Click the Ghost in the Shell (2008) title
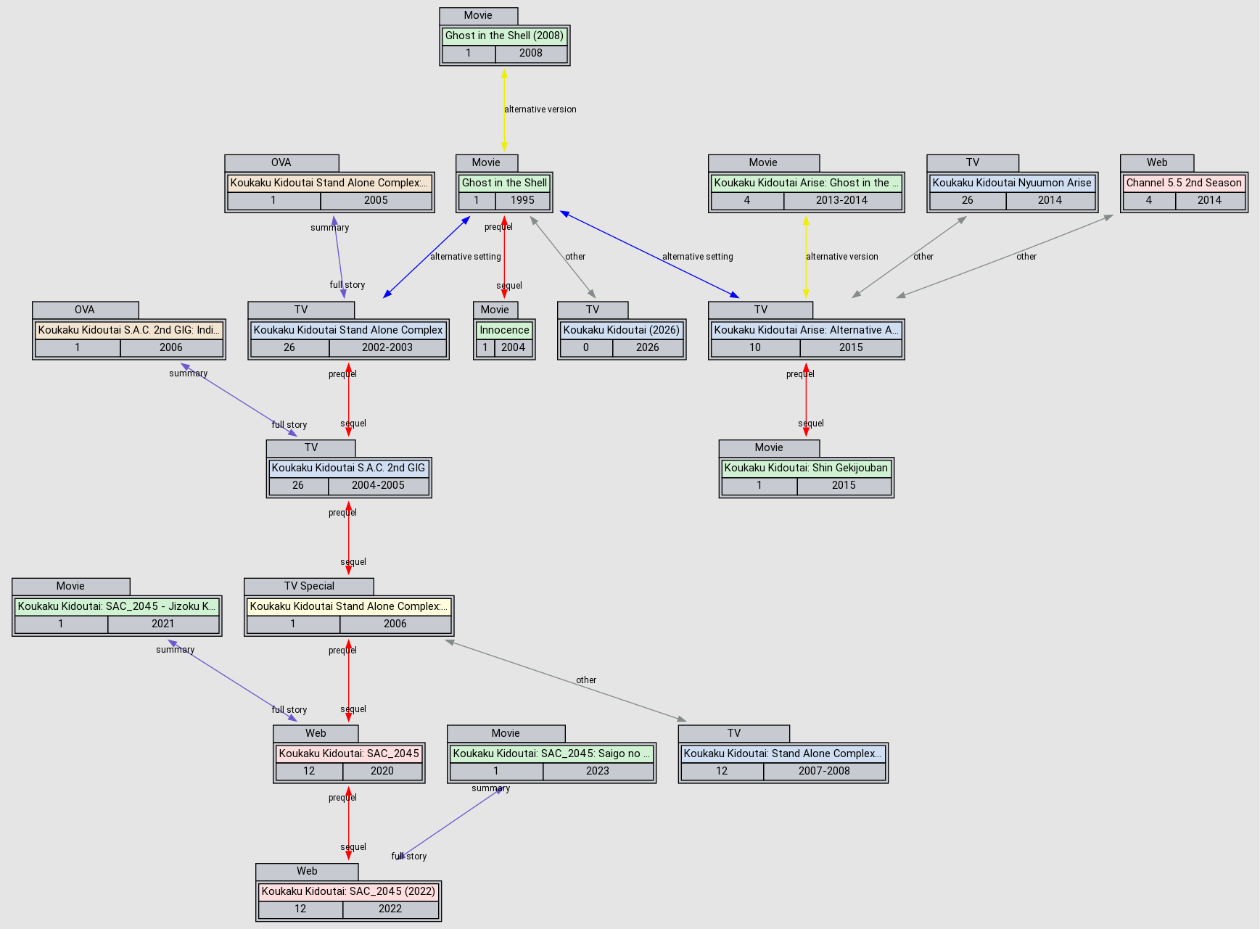(504, 36)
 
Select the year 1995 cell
(522, 200)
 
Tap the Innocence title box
(504, 330)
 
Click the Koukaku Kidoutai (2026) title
(621, 330)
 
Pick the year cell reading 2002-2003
(387, 347)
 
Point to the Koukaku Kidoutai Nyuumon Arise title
(1012, 183)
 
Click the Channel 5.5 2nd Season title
(1184, 183)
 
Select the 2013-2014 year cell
(841, 200)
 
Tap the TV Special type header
(309, 586)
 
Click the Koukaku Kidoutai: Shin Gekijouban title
(806, 468)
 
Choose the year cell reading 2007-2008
(824, 771)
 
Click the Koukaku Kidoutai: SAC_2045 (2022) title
(348, 891)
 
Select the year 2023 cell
(597, 771)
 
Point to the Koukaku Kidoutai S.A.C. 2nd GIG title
(348, 468)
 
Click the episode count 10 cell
(754, 347)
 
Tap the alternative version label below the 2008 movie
(540, 110)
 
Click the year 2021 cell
(162, 624)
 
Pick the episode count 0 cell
(585, 347)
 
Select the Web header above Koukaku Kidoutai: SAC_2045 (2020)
(316, 733)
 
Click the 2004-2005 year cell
(378, 485)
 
